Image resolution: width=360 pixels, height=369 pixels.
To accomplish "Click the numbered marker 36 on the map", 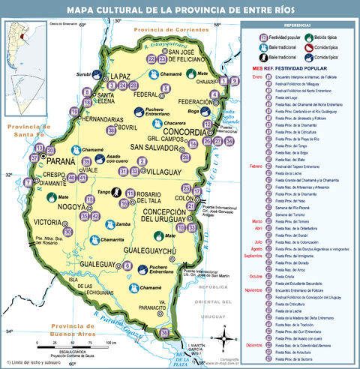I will point(164,332).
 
